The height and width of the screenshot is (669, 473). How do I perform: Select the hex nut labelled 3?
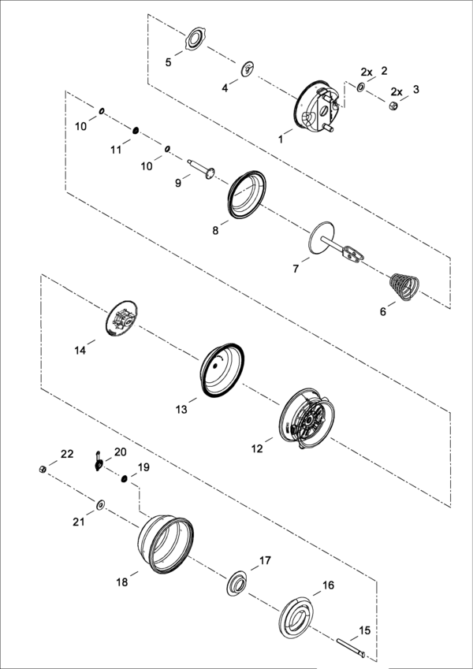coord(393,106)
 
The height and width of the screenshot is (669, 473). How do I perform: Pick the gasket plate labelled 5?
coord(196,39)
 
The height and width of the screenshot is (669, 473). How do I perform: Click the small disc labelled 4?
coord(248,69)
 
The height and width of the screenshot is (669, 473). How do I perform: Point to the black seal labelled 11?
coord(136,130)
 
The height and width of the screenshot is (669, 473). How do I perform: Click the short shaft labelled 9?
coord(201,168)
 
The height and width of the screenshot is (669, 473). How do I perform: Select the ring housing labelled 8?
coord(246,195)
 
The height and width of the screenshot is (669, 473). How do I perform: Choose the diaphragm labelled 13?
coord(222,370)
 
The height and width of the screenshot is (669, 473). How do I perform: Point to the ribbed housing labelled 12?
coord(307,418)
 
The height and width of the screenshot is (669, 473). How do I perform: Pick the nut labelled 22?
coord(43,470)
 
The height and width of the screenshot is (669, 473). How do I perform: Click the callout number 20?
coord(121,452)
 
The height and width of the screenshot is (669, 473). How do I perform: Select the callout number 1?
coord(281,139)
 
